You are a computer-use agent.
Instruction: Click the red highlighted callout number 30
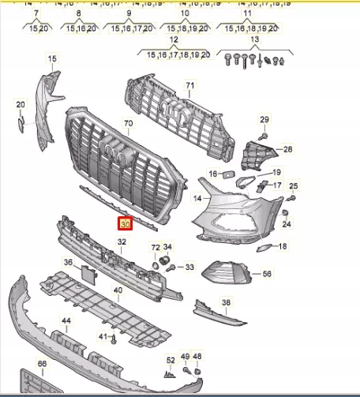[125, 224]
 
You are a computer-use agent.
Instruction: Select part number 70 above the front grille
[129, 124]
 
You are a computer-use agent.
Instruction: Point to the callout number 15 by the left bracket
[52, 59]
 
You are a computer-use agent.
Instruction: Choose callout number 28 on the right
[287, 149]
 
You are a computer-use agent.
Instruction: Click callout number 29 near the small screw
[264, 119]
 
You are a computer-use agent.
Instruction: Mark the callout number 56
[267, 274]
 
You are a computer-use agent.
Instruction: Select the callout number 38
[227, 303]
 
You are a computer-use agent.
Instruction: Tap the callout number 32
[122, 242]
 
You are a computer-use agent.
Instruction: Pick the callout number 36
[68, 263]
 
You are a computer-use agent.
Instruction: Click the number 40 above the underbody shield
[118, 290]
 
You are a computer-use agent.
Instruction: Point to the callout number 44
[66, 321]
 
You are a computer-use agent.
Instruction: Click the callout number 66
[42, 364]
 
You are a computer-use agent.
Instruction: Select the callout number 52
[171, 361]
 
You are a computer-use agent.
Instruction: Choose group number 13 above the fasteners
[254, 39]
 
